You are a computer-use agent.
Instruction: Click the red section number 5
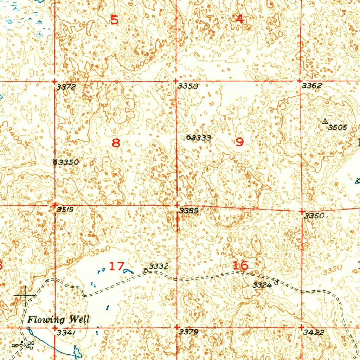115,20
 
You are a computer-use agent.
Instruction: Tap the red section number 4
239,19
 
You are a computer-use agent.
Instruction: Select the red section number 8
116,143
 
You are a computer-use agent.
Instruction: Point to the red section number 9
239,142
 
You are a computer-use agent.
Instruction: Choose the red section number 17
116,266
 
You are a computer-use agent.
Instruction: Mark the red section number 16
241,265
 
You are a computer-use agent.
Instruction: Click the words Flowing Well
58,320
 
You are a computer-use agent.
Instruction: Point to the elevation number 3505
337,128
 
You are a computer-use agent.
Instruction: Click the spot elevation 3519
65,210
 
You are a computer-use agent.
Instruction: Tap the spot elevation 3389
189,211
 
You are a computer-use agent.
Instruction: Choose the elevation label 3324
262,285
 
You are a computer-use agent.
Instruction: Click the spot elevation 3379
189,332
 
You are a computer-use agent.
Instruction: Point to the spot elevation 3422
314,332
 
